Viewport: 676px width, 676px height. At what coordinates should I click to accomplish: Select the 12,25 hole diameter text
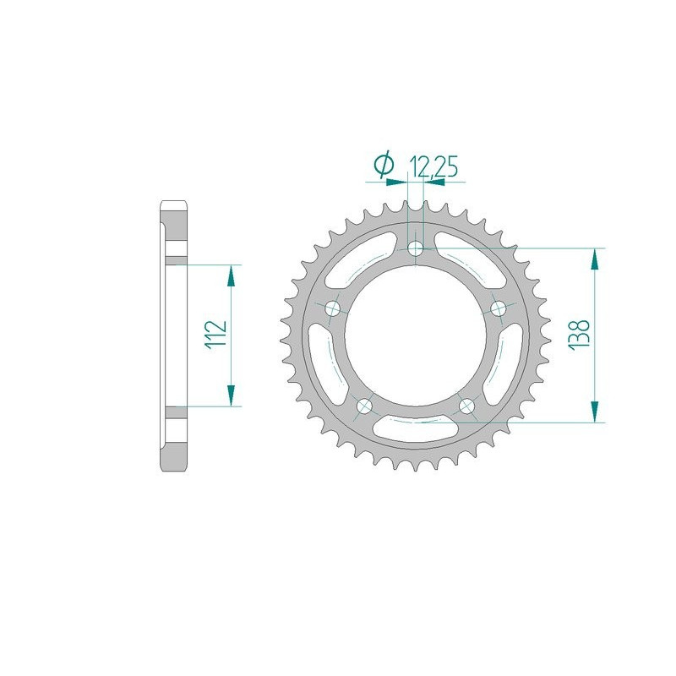pos(434,166)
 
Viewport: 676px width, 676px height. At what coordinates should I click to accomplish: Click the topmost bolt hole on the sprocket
pos(416,248)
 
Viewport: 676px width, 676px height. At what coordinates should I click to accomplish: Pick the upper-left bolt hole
pos(333,308)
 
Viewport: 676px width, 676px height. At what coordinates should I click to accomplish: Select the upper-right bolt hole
pos(498,308)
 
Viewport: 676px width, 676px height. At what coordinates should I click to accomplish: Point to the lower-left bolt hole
pos(365,405)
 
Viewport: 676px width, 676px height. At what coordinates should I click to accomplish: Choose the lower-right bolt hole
pos(466,405)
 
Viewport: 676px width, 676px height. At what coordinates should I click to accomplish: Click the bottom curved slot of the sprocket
pos(416,428)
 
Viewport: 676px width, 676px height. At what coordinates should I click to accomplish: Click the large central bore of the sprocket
pos(416,335)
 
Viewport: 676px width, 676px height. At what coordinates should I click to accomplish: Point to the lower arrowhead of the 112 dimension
pos(230,396)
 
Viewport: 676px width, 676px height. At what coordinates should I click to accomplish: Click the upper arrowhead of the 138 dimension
pos(597,259)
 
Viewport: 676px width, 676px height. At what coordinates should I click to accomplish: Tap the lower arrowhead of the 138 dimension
pos(597,411)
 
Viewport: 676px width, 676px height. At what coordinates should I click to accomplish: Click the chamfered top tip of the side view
pos(174,205)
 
